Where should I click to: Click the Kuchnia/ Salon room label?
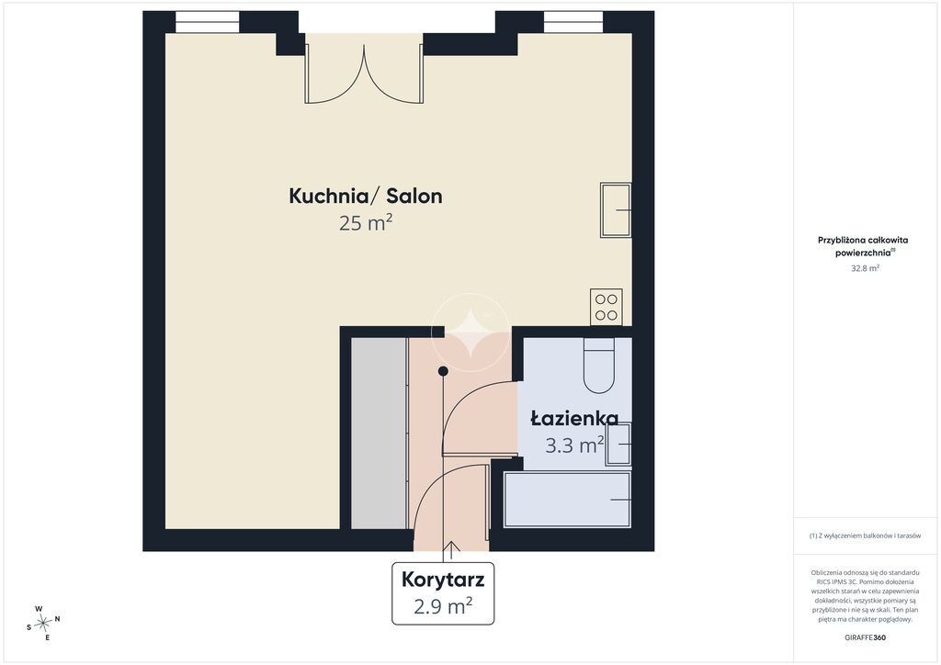click(x=366, y=196)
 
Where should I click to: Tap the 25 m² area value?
click(x=366, y=223)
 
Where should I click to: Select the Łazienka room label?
click(x=574, y=418)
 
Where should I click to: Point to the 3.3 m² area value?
click(x=574, y=445)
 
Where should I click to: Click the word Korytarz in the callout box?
click(x=443, y=580)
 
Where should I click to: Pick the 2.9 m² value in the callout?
click(x=443, y=605)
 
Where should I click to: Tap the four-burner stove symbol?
click(x=607, y=307)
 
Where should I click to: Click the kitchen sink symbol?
click(x=616, y=209)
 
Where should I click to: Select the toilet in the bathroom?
click(x=599, y=366)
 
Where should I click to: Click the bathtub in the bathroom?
click(x=568, y=500)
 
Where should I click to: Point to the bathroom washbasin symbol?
click(x=618, y=445)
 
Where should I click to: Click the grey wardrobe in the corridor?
click(x=379, y=433)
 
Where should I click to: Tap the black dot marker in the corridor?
click(x=443, y=371)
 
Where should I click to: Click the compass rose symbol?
click(x=43, y=624)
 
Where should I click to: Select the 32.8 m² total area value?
click(x=865, y=268)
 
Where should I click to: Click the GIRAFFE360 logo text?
click(x=865, y=637)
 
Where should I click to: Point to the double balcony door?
click(x=364, y=68)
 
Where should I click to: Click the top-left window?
click(x=207, y=22)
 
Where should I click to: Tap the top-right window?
click(x=573, y=22)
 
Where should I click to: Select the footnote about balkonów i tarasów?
click(x=865, y=535)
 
